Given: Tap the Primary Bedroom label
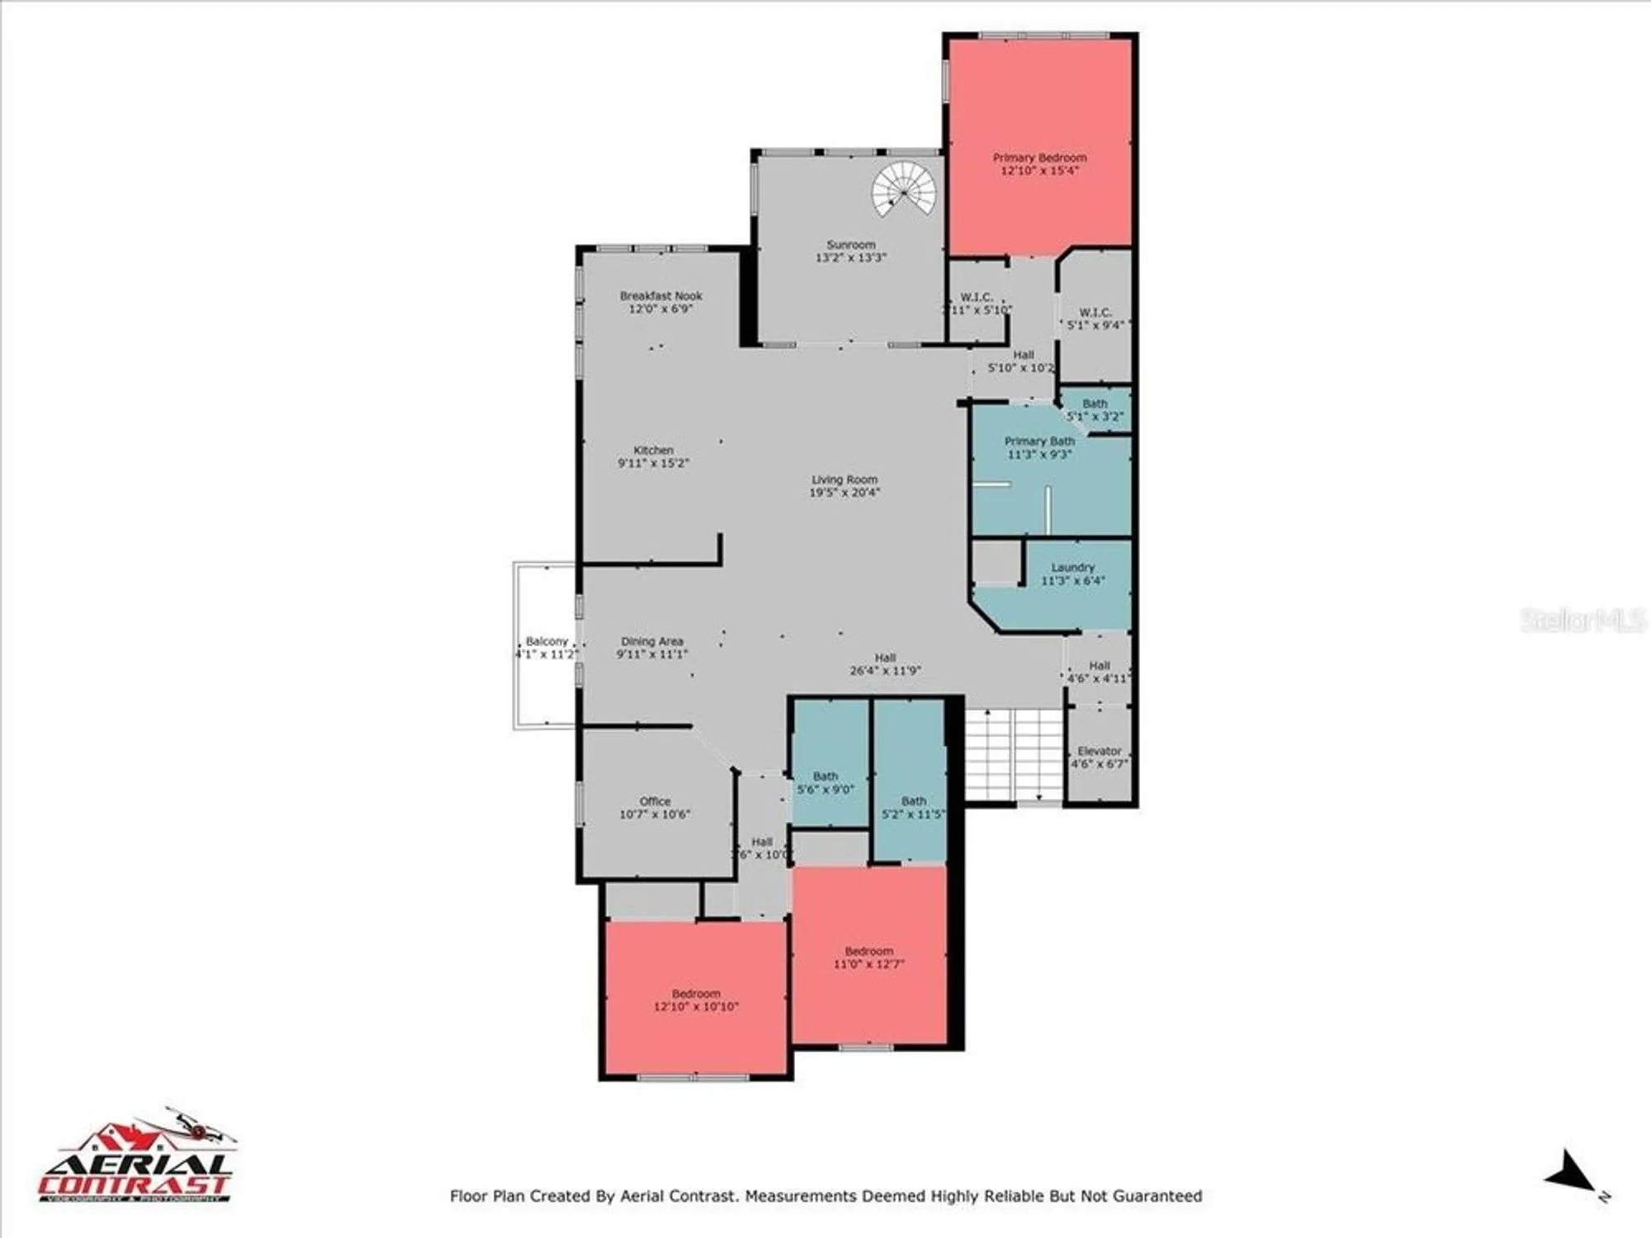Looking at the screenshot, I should pyautogui.click(x=1039, y=158).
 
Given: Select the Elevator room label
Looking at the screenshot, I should pyautogui.click(x=1099, y=751).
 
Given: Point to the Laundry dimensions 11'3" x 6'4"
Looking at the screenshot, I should pyautogui.click(x=1072, y=581).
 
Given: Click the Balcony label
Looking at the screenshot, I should pyautogui.click(x=546, y=641).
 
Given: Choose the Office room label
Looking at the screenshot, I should pyautogui.click(x=655, y=801).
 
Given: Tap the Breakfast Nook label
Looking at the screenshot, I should pyautogui.click(x=660, y=295).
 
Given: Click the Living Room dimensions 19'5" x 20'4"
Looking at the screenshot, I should pyautogui.click(x=844, y=493).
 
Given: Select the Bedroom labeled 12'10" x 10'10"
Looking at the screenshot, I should pyautogui.click(x=696, y=999).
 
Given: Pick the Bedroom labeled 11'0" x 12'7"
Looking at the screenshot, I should pyautogui.click(x=868, y=957).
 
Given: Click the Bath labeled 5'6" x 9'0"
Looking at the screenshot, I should pyautogui.click(x=825, y=782).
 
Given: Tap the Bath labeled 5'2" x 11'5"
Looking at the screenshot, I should pyautogui.click(x=913, y=807).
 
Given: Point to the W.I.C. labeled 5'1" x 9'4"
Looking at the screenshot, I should pyautogui.click(x=1095, y=319).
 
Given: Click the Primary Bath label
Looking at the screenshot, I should pyautogui.click(x=1038, y=442).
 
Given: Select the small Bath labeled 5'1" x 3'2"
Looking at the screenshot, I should pyautogui.click(x=1095, y=410).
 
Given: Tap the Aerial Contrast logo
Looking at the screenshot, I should pyautogui.click(x=136, y=1160).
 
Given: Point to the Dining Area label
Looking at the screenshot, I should pyautogui.click(x=651, y=641).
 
